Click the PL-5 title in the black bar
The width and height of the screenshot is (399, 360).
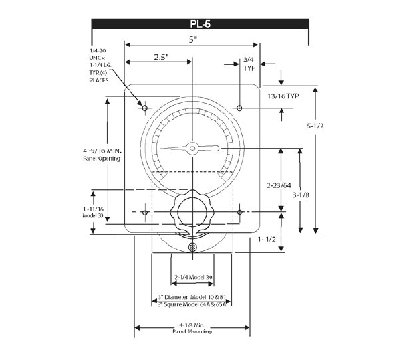pyautogui.click(x=200, y=24)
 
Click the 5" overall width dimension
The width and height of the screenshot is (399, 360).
pyautogui.click(x=193, y=39)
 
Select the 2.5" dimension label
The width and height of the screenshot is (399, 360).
pyautogui.click(x=161, y=57)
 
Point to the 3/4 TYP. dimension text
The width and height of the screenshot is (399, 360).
pyautogui.click(x=249, y=64)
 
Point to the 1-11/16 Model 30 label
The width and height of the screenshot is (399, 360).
pyautogui.click(x=92, y=212)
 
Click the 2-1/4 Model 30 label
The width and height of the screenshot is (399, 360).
pyautogui.click(x=193, y=277)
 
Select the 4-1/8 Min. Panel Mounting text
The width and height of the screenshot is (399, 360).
pyautogui.click(x=192, y=326)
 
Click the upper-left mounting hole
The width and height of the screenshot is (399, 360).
pyautogui.click(x=144, y=108)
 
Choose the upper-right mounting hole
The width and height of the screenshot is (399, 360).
pyautogui.click(x=239, y=108)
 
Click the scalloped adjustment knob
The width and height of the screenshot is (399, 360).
pyautogui.click(x=192, y=214)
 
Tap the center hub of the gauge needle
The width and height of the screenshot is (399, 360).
pyautogui.click(x=192, y=148)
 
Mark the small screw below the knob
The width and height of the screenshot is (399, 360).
pyautogui.click(x=192, y=247)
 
